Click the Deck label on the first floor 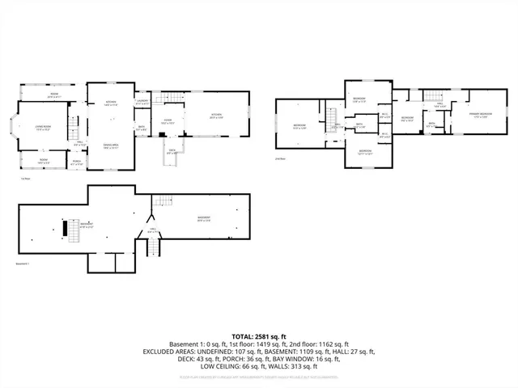tap(172, 151)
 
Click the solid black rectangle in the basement tap(66, 228)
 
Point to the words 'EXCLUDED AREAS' tap(172, 352)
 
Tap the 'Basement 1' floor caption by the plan tap(27, 263)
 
